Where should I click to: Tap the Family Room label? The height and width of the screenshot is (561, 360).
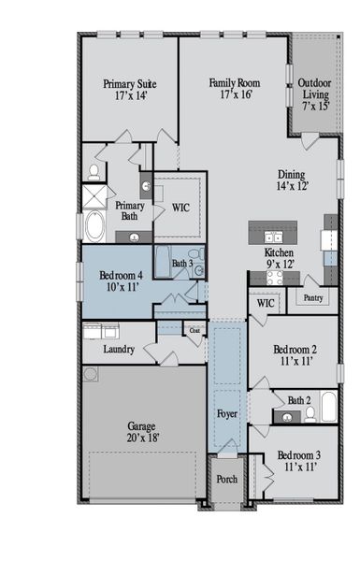(x=233, y=88)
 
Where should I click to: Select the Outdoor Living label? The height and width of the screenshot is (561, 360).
(x=314, y=93)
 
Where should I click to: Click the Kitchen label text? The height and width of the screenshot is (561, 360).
(x=280, y=258)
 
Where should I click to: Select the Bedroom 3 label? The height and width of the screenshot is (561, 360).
(x=298, y=461)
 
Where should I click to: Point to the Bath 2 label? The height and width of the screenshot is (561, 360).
(x=299, y=400)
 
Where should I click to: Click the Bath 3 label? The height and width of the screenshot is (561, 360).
(x=182, y=265)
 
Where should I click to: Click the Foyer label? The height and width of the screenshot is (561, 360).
(x=227, y=412)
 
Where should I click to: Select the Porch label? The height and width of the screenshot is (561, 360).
(x=227, y=479)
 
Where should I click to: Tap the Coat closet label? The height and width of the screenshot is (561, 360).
(x=195, y=330)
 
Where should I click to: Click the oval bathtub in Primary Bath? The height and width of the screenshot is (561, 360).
(x=95, y=225)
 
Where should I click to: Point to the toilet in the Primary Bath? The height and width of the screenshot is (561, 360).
(x=94, y=172)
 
